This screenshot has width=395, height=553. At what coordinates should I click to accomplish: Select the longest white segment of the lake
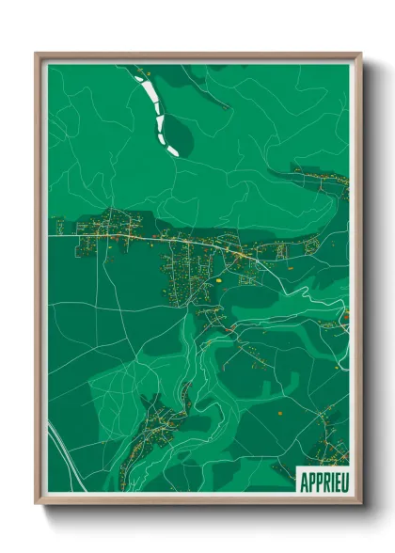[152, 100]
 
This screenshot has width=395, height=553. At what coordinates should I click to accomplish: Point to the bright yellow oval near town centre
[218, 278]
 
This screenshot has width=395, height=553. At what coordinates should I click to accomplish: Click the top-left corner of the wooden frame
[37, 54]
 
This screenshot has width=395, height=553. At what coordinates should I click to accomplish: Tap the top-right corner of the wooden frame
[360, 54]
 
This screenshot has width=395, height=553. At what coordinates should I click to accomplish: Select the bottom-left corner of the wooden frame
[37, 503]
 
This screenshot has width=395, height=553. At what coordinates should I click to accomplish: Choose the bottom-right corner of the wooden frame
[360, 503]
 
